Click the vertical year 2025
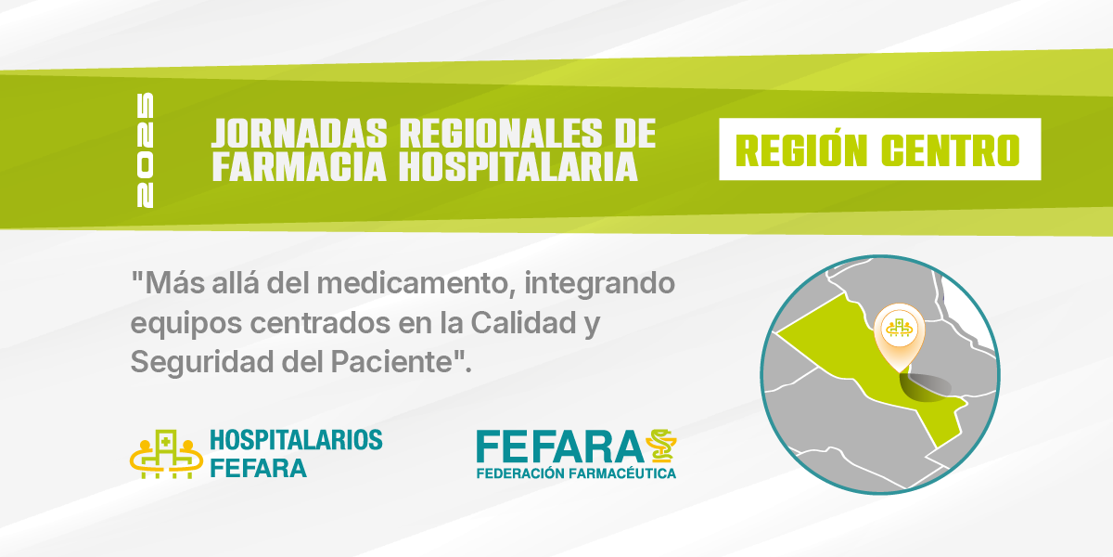pyautogui.click(x=145, y=150)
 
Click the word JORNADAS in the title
pyautogui.click(x=299, y=134)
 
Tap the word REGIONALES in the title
pyautogui.click(x=501, y=134)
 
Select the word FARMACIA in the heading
pyautogui.click(x=299, y=167)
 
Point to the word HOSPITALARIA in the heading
pyautogui.click(x=518, y=167)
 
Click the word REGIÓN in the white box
pyautogui.click(x=801, y=150)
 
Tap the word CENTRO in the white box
pyautogui.click(x=951, y=150)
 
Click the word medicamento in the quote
pyautogui.click(x=416, y=283)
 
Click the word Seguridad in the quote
pyautogui.click(x=202, y=363)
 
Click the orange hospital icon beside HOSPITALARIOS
pyautogui.click(x=166, y=455)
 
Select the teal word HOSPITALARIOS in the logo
pyautogui.click(x=296, y=440)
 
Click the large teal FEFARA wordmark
pyautogui.click(x=560, y=447)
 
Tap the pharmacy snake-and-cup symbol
pyautogui.click(x=661, y=446)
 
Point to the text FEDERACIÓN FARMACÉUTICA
pyautogui.click(x=576, y=473)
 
